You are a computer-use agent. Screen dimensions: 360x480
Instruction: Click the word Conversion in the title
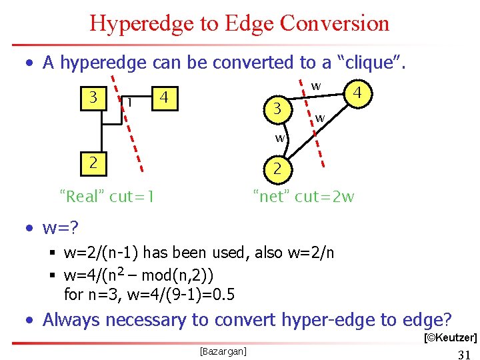[335, 24]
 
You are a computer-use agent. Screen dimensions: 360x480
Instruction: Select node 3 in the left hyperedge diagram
[94, 97]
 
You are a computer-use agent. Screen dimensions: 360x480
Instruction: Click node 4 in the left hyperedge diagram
[164, 99]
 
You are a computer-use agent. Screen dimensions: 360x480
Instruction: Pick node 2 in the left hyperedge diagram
[94, 162]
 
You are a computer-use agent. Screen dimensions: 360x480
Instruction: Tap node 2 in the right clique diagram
[277, 168]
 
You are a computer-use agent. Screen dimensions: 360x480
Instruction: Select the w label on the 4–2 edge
[320, 119]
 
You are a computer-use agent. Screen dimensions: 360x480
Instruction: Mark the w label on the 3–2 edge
[281, 138]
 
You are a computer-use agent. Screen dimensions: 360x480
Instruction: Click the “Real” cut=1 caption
[107, 196]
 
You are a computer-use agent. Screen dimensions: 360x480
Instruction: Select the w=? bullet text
[61, 228]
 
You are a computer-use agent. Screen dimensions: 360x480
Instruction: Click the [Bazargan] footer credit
[223, 350]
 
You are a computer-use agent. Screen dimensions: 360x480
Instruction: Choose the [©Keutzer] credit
[451, 338]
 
